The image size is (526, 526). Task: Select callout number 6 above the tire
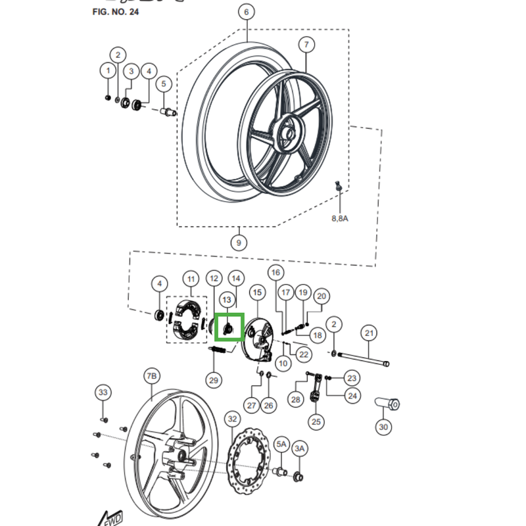(247, 12)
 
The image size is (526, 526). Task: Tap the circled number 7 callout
(306, 45)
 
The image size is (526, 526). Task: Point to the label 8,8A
(339, 218)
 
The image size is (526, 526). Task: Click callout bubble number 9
(238, 243)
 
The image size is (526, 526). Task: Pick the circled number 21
(369, 333)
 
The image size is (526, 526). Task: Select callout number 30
(383, 427)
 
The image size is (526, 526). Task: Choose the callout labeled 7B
(151, 376)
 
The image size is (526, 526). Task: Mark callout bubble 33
(103, 393)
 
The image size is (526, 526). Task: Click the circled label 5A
(281, 445)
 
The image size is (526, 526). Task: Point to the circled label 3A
(300, 448)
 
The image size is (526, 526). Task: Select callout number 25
(317, 421)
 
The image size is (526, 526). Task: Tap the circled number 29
(213, 379)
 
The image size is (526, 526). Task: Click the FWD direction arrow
(110, 517)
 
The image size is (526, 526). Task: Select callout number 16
(275, 273)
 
